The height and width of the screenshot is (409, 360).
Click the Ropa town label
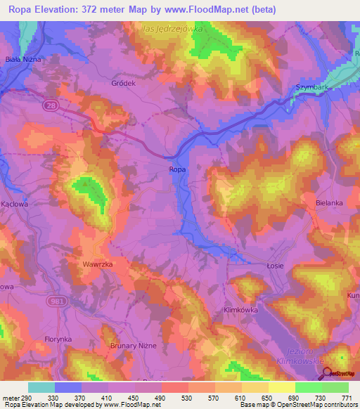[x=178, y=169]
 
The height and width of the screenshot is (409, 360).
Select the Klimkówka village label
[x=240, y=310]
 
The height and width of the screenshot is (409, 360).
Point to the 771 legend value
[x=346, y=398]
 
